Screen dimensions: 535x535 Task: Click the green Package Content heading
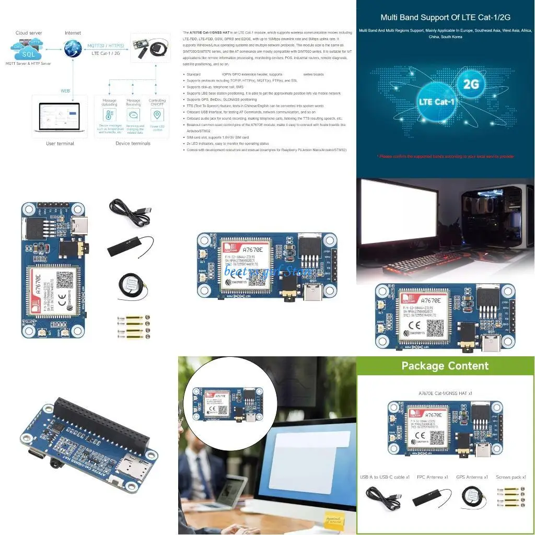pyautogui.click(x=445, y=366)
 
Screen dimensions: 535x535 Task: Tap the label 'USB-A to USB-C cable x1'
pyautogui.click(x=385, y=477)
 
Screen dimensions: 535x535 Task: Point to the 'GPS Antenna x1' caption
pyautogui.click(x=471, y=477)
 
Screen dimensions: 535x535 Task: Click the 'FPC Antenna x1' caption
pyautogui.click(x=432, y=477)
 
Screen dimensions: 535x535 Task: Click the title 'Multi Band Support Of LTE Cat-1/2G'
pyautogui.click(x=445, y=17)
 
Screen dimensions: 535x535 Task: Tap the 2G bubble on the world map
pyautogui.click(x=471, y=84)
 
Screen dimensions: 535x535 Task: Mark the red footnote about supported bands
pyautogui.click(x=445, y=156)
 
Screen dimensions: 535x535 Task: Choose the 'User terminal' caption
pyautogui.click(x=60, y=143)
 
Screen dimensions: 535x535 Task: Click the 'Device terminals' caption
pyautogui.click(x=133, y=143)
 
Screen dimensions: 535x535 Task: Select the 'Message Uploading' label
pyautogui.click(x=110, y=102)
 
